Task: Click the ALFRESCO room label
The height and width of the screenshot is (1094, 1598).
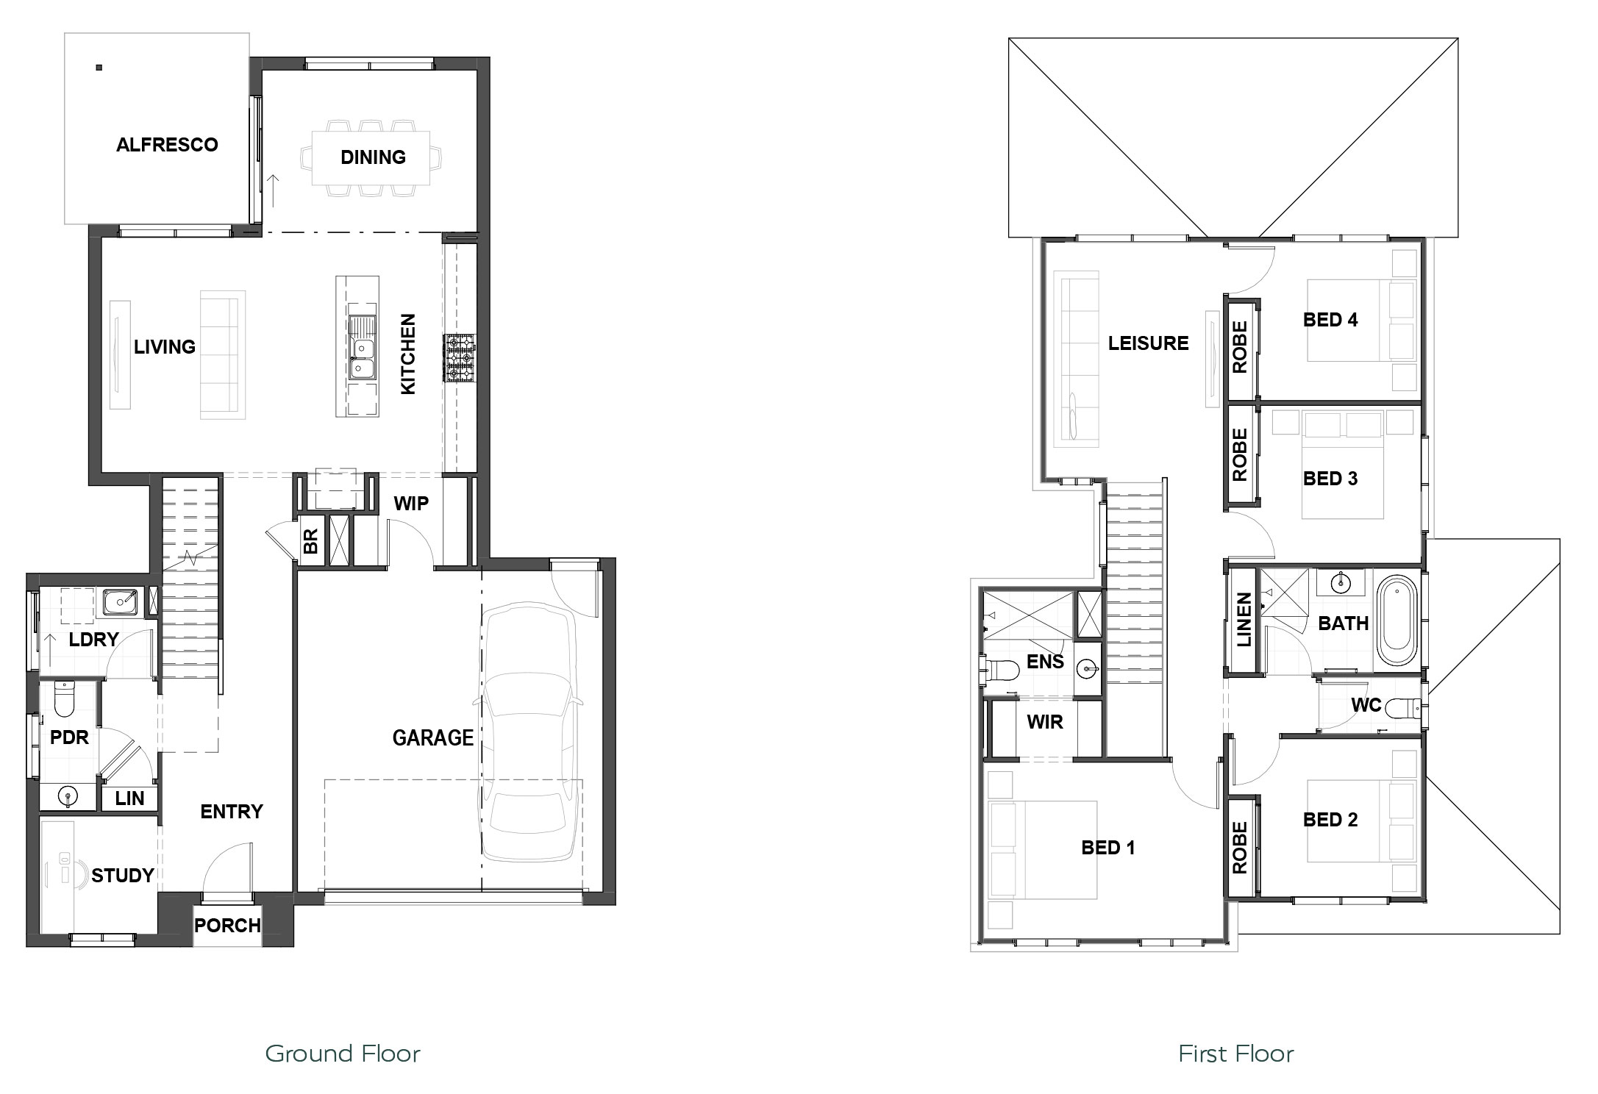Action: coord(167,145)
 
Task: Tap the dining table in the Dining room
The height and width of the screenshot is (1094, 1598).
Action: coord(371,157)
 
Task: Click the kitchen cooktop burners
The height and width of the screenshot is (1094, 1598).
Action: coord(460,359)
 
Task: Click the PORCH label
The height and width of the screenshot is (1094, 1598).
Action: coord(227,926)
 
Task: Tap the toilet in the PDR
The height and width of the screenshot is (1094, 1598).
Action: coord(65,701)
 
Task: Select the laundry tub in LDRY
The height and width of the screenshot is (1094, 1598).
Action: coord(120,602)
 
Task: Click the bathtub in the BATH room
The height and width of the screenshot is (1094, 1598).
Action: coord(1396,621)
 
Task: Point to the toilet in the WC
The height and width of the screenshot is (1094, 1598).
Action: coord(1405,708)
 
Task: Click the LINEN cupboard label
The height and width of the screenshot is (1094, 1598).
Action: coord(1244,620)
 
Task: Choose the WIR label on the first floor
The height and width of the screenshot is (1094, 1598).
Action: coord(1044,722)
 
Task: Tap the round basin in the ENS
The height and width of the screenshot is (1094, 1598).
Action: coord(1088,669)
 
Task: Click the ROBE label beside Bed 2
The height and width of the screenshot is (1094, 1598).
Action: coord(1240,847)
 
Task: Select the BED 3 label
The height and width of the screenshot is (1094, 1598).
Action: coord(1330,479)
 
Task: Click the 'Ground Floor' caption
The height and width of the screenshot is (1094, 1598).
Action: coord(343,1054)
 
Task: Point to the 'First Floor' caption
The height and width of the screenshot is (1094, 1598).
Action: coord(1236,1054)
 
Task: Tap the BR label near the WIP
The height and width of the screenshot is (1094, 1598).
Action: coord(310,542)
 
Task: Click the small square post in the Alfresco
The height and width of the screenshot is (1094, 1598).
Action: coord(99,68)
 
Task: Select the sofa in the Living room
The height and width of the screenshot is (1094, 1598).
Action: coord(223,355)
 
